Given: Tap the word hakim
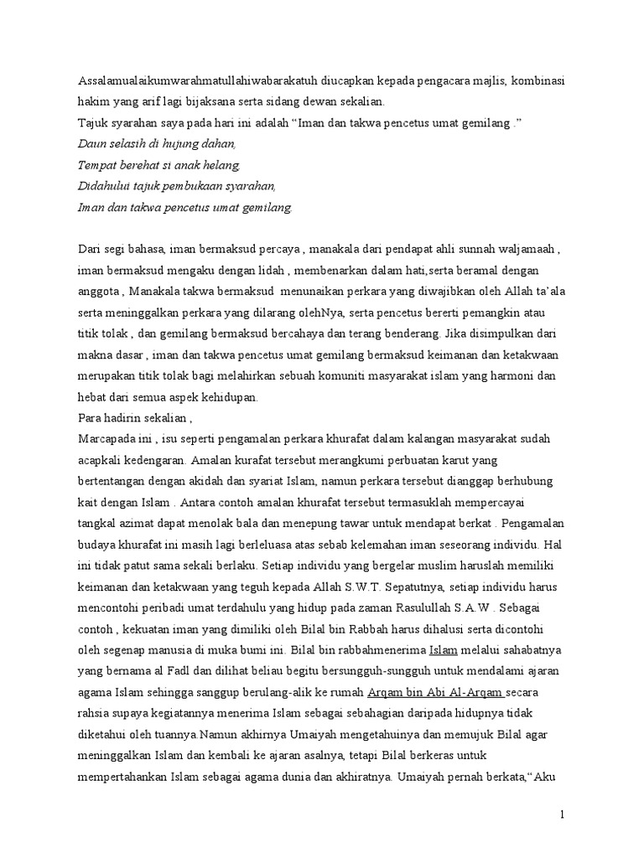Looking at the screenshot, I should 92,102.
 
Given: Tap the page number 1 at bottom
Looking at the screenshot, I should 563,814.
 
